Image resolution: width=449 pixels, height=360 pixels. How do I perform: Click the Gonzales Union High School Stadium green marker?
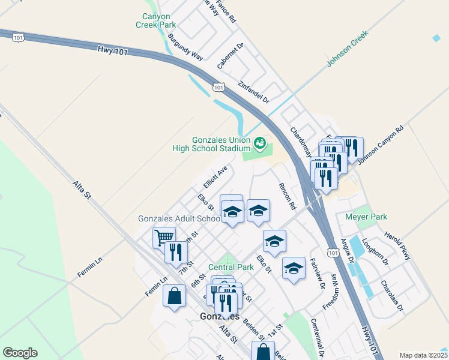260,143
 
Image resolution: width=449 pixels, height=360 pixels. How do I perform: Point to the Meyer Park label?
366,217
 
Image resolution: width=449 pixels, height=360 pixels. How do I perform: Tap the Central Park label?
231,266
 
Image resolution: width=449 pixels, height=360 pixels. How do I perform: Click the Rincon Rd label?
287,196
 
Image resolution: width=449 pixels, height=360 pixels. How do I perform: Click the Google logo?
20,353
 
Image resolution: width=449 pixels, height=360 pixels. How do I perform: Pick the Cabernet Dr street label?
231,55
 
